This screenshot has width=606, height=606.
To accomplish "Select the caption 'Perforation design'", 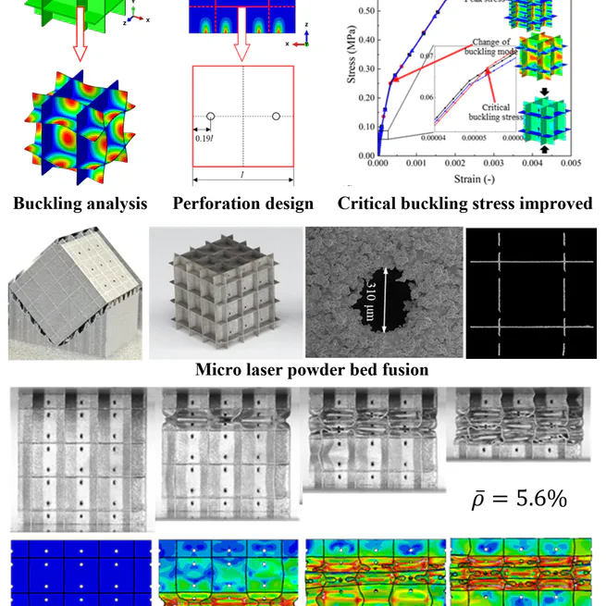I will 243,204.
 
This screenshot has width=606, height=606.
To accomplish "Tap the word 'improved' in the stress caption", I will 551,204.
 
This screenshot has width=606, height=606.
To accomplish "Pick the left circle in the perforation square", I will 211,117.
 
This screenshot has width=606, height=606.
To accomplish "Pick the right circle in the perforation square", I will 276,117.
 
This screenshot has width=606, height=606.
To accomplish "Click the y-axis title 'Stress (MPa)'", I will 352,79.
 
